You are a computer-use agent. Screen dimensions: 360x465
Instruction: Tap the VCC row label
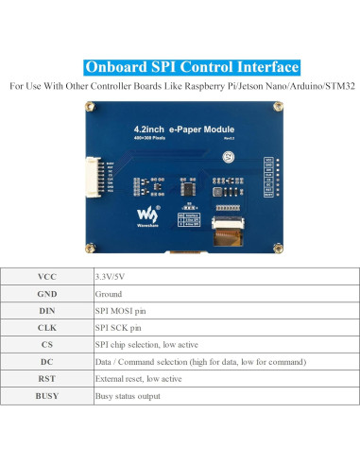(x=47, y=277)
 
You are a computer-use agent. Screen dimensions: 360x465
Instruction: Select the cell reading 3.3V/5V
(x=112, y=277)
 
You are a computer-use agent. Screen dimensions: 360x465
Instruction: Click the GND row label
(x=47, y=294)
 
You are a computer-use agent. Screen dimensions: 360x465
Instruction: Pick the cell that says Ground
(x=109, y=294)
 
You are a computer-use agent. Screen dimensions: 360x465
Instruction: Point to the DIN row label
(x=47, y=310)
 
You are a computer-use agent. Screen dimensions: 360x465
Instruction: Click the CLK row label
(x=47, y=327)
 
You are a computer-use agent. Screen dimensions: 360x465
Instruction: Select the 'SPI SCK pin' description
(x=117, y=327)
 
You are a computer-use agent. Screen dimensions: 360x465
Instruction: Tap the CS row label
(x=47, y=344)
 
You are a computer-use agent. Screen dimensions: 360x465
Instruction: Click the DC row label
(x=47, y=361)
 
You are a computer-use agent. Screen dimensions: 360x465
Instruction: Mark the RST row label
(x=47, y=378)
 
